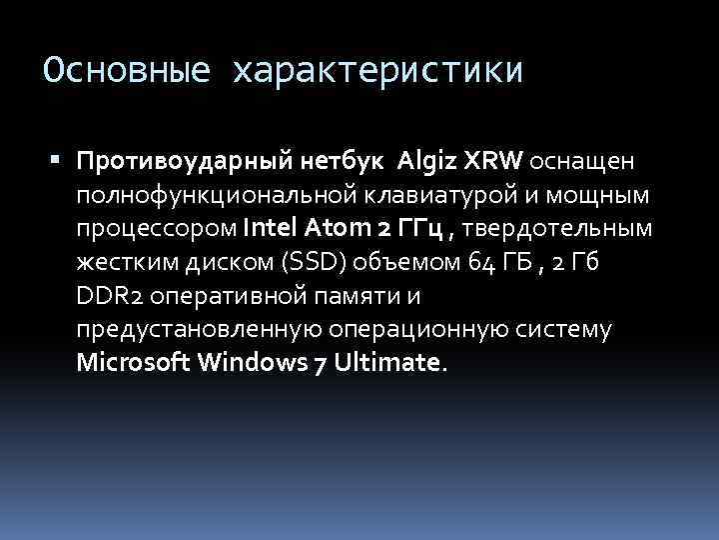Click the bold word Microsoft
[136, 362]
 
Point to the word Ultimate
[385, 362]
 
